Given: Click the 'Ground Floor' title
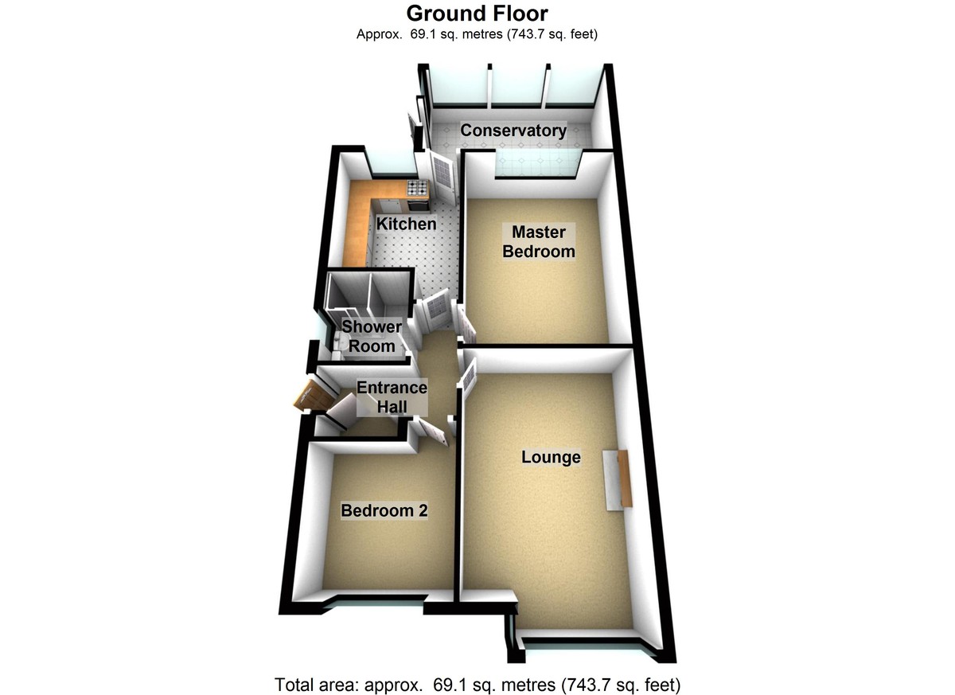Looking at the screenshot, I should pyautogui.click(x=477, y=13).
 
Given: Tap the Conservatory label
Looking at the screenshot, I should pyautogui.click(x=514, y=131).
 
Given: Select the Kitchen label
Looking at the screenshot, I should pyautogui.click(x=406, y=224).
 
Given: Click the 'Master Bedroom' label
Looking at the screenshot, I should pyautogui.click(x=539, y=242).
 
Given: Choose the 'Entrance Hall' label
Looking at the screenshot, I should pyautogui.click(x=392, y=397).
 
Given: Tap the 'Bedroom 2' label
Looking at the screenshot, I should pyautogui.click(x=384, y=511).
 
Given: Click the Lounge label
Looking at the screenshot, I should pyautogui.click(x=551, y=458).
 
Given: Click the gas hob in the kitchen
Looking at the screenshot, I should pyautogui.click(x=417, y=188).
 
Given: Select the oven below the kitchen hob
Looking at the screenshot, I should pyautogui.click(x=419, y=200).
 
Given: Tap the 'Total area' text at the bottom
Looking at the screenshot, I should pyautogui.click(x=477, y=683).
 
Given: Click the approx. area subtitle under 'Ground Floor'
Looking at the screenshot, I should pyautogui.click(x=477, y=34).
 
